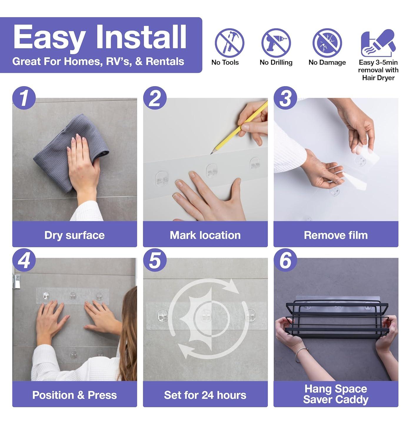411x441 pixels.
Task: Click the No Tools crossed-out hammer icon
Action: point(229,43)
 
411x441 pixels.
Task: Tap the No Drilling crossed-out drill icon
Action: point(276,43)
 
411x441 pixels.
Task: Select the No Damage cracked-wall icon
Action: point(327,43)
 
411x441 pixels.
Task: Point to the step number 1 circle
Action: point(24,98)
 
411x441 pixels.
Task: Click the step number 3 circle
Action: point(285,98)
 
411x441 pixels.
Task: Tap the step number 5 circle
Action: point(155,260)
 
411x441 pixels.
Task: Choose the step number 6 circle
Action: point(285,260)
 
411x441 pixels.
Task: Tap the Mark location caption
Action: point(205,235)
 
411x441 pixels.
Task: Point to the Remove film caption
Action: point(336,235)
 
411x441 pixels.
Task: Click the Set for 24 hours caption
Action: point(205,395)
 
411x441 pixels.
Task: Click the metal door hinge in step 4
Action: point(17,281)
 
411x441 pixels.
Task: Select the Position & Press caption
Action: point(74,395)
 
